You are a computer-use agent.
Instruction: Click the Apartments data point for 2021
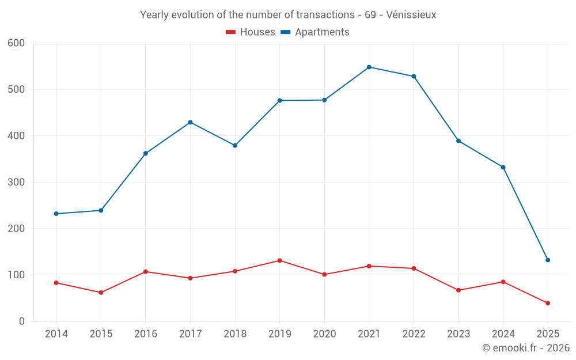coord(369,67)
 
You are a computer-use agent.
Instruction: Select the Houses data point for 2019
coord(280,260)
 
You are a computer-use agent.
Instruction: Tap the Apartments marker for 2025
coord(548,260)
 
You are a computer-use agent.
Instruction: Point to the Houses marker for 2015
coord(101,293)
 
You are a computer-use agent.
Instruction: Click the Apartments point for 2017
coord(190,122)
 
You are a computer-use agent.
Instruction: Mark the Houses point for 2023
coord(458,290)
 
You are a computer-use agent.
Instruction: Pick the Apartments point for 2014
coord(56,214)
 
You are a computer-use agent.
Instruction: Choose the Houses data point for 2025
coord(548,303)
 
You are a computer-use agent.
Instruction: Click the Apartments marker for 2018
coord(235,146)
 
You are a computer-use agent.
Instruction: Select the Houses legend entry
coord(251,32)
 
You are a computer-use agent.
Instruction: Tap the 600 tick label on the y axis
coord(17,43)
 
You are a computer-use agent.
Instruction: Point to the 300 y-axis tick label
coord(17,182)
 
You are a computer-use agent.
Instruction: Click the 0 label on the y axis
coord(22,321)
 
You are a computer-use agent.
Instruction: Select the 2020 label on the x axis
coord(324,334)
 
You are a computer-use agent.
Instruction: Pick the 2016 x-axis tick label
coord(146,334)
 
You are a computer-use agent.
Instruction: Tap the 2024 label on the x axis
coord(503,334)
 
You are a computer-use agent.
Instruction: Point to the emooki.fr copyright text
coord(526,348)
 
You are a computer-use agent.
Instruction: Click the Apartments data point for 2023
coord(458,141)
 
